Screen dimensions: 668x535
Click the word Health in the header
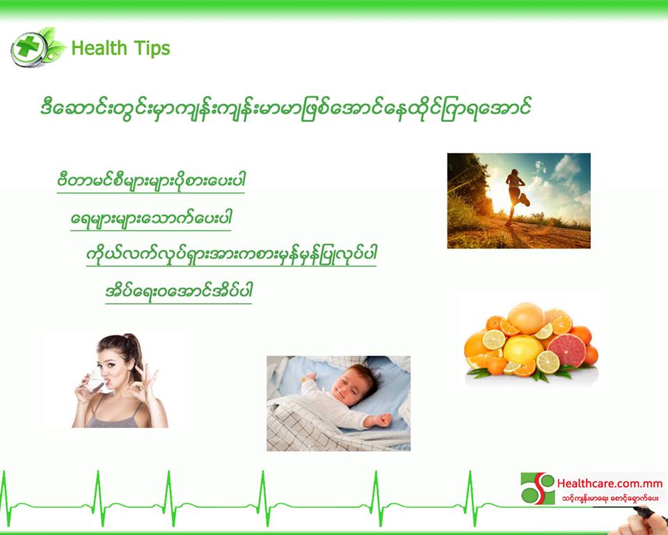[x=99, y=48]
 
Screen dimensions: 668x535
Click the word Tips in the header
[x=152, y=48]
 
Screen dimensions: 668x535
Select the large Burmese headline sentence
[x=285, y=109]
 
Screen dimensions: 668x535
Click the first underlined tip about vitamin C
[x=151, y=180]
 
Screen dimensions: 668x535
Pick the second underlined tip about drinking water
[x=151, y=219]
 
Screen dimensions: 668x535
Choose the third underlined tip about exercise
[x=231, y=255]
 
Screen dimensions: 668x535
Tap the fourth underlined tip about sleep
[x=179, y=292]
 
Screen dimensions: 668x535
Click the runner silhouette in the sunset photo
[x=516, y=196]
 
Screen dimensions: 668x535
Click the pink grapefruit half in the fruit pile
[x=566, y=350]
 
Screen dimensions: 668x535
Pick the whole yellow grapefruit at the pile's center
[x=523, y=348]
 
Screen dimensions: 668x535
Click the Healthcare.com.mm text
[x=610, y=483]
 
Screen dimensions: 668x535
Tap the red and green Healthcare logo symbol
[x=538, y=488]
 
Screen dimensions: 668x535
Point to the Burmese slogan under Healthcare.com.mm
[x=610, y=498]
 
